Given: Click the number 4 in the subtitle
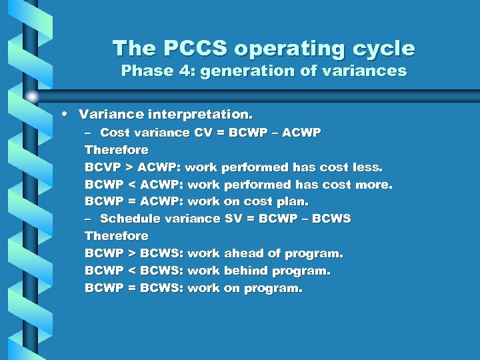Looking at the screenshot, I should tap(179, 71).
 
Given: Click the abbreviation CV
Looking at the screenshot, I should tap(203, 133).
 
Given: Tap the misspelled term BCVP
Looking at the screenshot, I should tap(104, 167).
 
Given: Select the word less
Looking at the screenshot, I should tap(365, 167).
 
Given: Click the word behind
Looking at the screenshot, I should tap(246, 271).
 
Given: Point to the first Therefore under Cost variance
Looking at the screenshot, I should tap(117, 150).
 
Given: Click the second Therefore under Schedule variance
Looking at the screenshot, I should tap(117, 236).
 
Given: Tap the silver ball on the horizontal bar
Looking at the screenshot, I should tap(33, 97).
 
